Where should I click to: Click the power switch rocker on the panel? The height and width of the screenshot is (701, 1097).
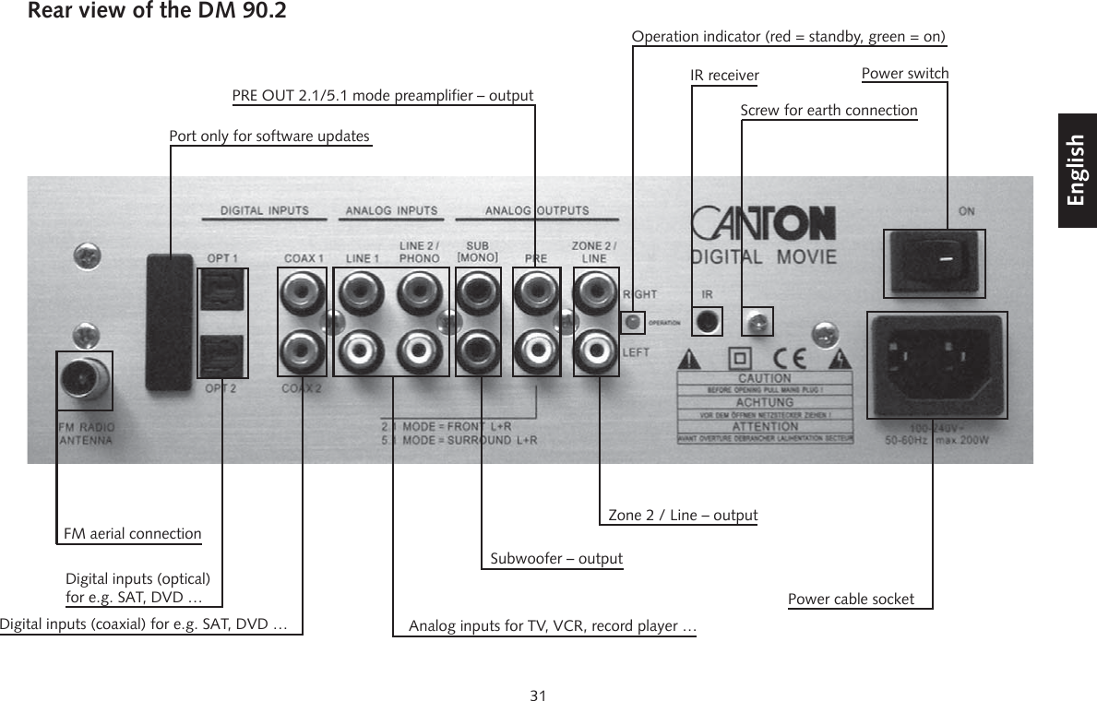(x=935, y=263)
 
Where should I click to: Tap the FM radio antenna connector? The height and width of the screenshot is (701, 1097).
(x=84, y=379)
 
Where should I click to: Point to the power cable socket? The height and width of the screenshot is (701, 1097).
(x=936, y=364)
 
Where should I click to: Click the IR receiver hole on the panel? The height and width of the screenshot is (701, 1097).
(x=707, y=321)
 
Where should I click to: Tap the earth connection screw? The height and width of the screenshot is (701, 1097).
(x=757, y=321)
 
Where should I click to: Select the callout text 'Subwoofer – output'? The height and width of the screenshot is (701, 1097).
(x=555, y=559)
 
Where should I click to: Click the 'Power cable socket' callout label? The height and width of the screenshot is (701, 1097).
(x=851, y=600)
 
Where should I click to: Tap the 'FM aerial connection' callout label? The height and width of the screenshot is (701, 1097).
(x=132, y=534)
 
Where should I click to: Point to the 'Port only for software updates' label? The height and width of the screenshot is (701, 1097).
(x=269, y=137)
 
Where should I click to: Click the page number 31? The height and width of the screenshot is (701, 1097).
(x=539, y=695)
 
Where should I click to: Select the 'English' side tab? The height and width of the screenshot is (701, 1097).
(x=1077, y=171)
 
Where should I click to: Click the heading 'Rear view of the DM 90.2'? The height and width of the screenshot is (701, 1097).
(x=157, y=12)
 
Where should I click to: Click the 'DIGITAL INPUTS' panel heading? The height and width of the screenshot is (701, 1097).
(x=265, y=210)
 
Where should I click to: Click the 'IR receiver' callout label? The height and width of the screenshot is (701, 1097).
(x=724, y=75)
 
